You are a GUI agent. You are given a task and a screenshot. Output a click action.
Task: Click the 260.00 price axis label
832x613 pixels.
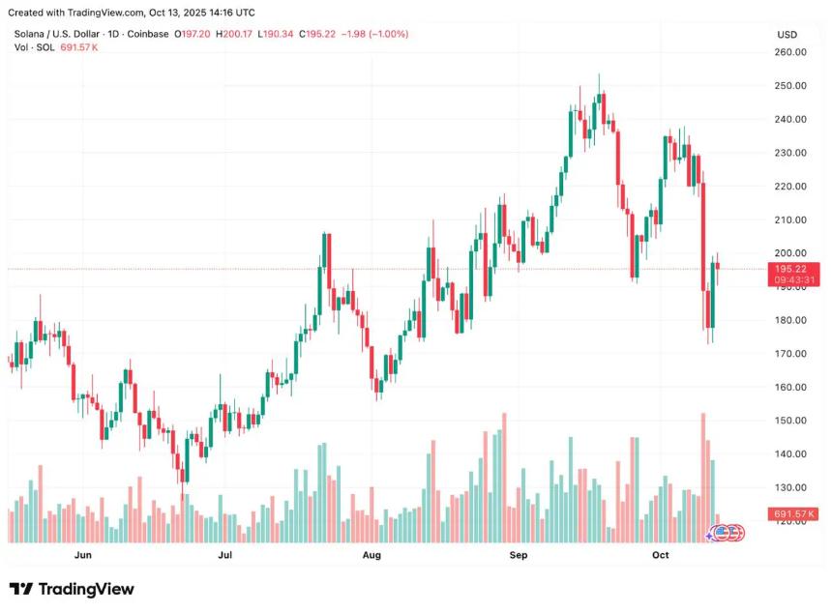pos(792,52)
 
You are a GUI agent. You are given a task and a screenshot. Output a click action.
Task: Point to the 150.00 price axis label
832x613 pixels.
pos(792,421)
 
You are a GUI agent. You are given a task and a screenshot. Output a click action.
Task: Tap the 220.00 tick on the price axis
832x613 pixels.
pos(792,187)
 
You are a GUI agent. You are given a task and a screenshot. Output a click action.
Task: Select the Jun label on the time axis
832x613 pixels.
pos(82,556)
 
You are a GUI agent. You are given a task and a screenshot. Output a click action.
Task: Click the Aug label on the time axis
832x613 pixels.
pos(371,556)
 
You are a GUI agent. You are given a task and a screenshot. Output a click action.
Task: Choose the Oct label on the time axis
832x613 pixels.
pos(661,556)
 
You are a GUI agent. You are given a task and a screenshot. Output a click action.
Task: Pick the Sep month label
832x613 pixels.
pos(519,556)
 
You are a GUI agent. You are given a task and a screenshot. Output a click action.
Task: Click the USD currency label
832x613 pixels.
pos(787,35)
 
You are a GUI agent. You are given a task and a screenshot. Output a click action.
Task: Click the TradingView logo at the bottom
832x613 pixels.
pos(73,589)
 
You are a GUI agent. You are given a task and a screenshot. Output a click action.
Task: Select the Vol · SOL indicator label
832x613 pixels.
pos(35,47)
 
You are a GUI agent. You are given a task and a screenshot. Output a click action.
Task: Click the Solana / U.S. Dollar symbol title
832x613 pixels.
pos(60,34)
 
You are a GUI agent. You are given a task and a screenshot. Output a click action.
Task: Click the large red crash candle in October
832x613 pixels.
pos(703,236)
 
